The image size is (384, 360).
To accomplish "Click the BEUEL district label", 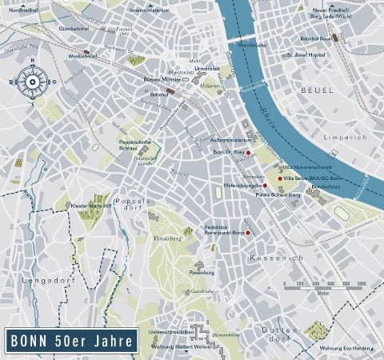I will [318, 92].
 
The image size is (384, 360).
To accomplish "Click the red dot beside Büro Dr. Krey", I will [248, 151].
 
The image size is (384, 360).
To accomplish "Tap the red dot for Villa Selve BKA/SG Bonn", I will [279, 178].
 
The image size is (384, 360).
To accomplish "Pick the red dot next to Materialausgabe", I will [265, 185].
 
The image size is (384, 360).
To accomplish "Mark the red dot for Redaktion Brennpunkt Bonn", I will [249, 232].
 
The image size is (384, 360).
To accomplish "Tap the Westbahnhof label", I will [82, 57].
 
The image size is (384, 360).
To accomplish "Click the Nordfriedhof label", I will [23, 10].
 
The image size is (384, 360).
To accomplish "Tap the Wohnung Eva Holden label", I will [346, 348].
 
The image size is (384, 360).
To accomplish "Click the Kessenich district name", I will [275, 258].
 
